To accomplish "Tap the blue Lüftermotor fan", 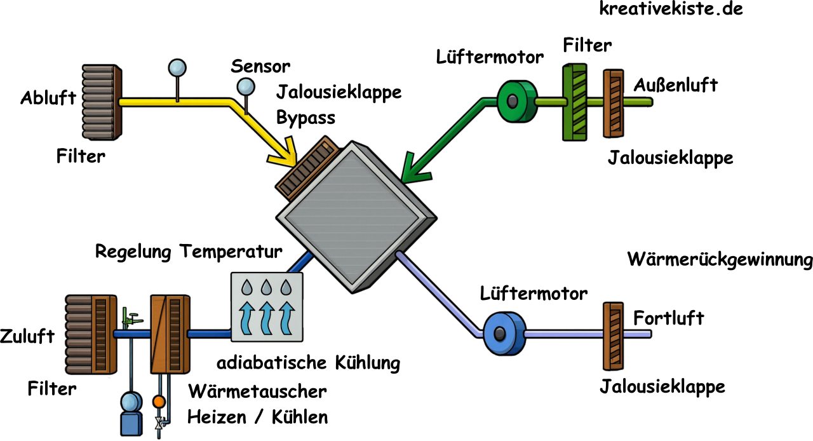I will click(502, 332).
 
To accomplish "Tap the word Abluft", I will click(48, 98).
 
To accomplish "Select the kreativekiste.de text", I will click(671, 9).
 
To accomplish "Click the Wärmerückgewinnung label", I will click(720, 260).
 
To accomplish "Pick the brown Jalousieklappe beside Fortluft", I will click(612, 335).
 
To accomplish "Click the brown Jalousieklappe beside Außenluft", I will click(614, 103).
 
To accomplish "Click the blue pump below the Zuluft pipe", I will click(132, 412).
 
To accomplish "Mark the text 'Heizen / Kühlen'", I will click(257, 417).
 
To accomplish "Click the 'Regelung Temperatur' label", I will click(189, 251).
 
